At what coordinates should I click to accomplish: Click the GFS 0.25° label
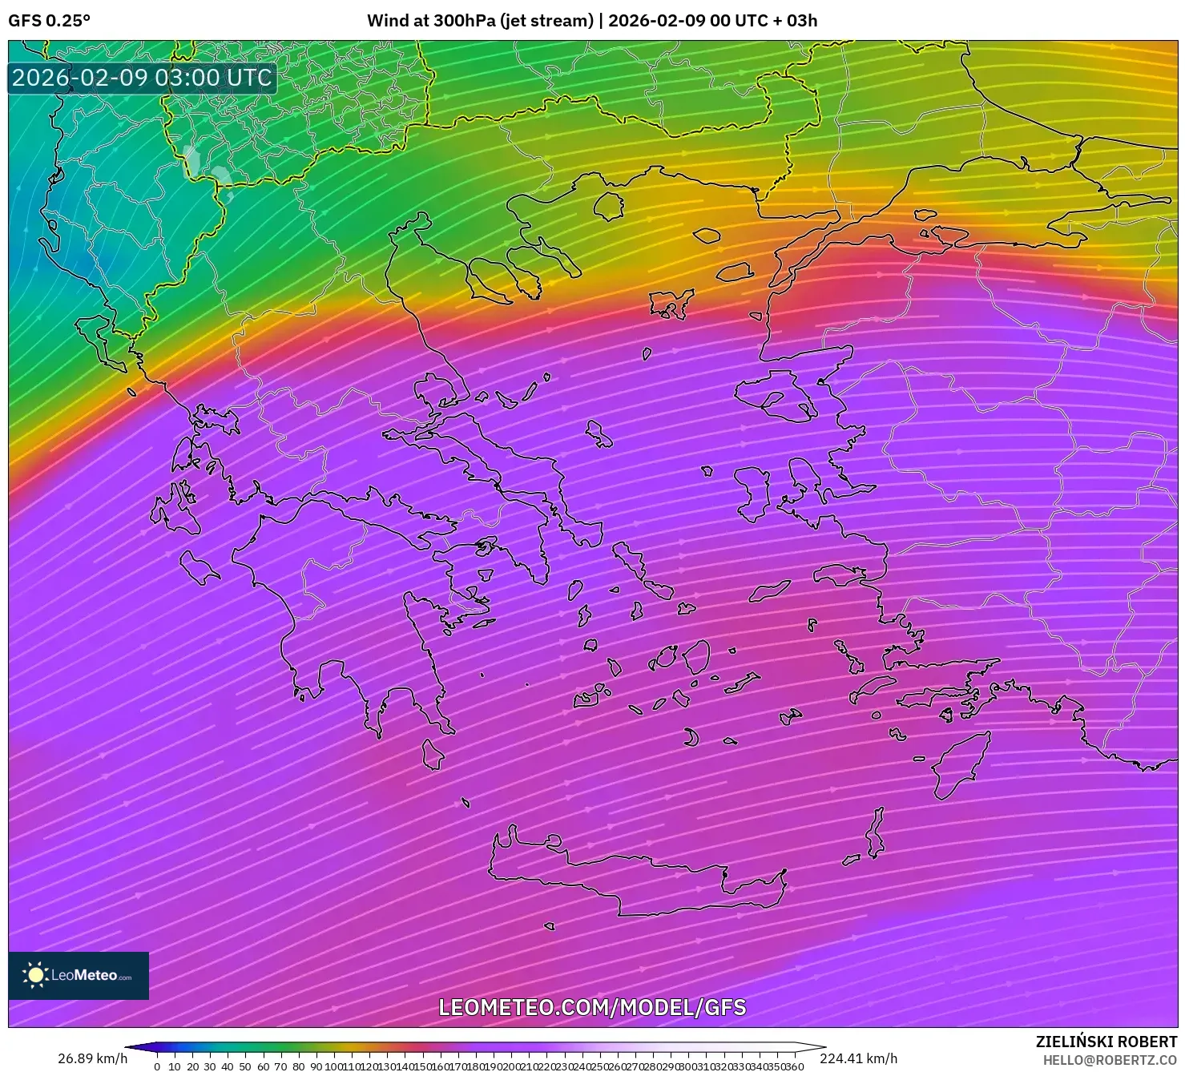click(x=49, y=21)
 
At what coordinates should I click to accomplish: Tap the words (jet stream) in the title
click(x=546, y=21)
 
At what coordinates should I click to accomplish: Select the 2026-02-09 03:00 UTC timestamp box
click(x=142, y=78)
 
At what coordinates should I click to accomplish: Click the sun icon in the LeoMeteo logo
click(x=35, y=975)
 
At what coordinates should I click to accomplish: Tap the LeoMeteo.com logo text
click(x=90, y=975)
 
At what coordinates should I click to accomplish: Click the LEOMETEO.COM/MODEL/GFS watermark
click(x=592, y=1007)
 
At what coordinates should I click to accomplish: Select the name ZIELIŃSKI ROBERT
click(x=1106, y=1042)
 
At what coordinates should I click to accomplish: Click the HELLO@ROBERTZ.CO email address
click(x=1110, y=1059)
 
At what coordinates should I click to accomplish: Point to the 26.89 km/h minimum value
click(x=92, y=1058)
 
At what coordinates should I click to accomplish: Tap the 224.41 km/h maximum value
click(x=858, y=1058)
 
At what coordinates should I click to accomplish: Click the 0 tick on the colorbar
click(x=157, y=1066)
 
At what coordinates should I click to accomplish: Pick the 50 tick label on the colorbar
click(x=245, y=1066)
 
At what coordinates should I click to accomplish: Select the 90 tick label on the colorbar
click(x=316, y=1066)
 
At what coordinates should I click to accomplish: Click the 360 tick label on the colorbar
click(x=794, y=1066)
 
